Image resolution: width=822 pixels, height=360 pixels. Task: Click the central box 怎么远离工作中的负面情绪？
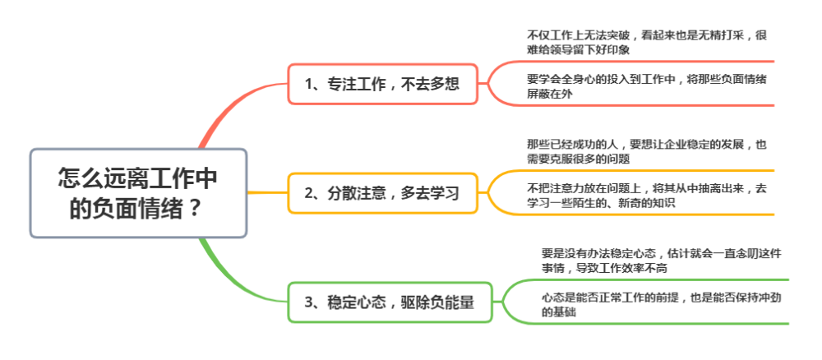coord(138,193)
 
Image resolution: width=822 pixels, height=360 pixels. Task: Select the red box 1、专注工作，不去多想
coord(383,84)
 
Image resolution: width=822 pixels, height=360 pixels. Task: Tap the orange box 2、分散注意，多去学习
coord(383,193)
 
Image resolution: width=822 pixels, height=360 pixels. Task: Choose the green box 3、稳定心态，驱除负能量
coord(390,302)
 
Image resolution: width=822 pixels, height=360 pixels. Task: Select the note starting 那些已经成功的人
coord(647,152)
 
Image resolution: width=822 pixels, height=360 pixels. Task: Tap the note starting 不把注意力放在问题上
coord(647,196)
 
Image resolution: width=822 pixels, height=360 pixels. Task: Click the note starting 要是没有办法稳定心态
coord(662,261)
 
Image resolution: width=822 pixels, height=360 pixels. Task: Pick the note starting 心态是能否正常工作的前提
coord(662,305)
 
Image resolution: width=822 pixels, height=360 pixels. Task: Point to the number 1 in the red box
coord(309,85)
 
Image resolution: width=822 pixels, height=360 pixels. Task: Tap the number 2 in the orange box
coord(309,193)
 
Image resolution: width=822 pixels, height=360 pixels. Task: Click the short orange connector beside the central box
coord(267,193)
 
